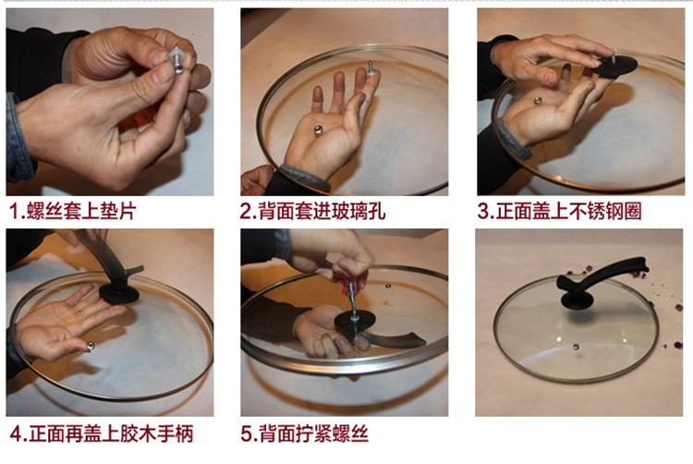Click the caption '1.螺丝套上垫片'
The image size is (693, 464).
click(72, 211)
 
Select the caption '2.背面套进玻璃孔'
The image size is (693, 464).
click(312, 211)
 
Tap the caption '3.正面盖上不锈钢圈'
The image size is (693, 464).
click(559, 211)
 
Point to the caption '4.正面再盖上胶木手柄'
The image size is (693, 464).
click(102, 433)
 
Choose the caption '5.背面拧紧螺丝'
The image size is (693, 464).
click(305, 433)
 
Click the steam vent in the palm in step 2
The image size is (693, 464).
click(317, 130)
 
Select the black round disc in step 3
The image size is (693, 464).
click(614, 67)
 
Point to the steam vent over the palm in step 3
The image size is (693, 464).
click(538, 101)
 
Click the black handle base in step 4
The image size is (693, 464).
click(119, 292)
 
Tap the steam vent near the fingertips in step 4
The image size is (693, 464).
click(91, 347)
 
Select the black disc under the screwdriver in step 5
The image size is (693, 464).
click(355, 322)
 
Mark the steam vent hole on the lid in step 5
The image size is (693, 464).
click(388, 286)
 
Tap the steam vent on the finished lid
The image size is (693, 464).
click(576, 347)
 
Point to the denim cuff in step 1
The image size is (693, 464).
click(16, 137)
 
